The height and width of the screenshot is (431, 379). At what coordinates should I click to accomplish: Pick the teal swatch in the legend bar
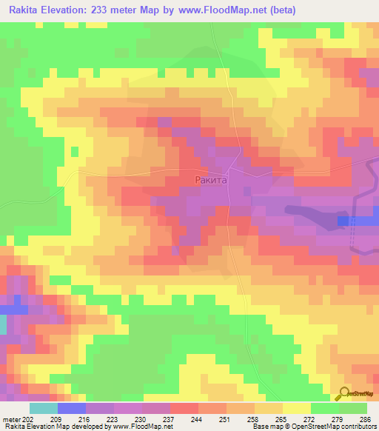coord(44,408)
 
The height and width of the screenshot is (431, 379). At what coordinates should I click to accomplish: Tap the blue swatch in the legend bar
coord(72,408)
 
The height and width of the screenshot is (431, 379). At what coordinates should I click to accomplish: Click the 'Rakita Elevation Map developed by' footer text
coord(56,427)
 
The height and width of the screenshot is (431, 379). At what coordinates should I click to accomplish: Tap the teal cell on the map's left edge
coord(3,324)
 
